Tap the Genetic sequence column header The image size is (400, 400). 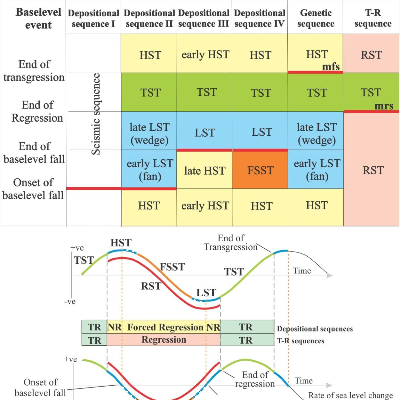coord(316,18)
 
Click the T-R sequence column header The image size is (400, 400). coord(373,18)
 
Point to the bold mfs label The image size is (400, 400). coord(331,67)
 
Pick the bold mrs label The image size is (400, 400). coord(384,106)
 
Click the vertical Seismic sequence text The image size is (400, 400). coord(96,114)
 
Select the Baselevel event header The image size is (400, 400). coord(38,19)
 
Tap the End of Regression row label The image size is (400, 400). coord(37,111)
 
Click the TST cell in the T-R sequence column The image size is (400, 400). coord(371,92)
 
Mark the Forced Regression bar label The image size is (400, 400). coord(165,327)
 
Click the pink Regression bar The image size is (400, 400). coord(164,340)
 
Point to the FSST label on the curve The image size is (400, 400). coord(172,267)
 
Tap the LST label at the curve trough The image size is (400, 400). coord(206,293)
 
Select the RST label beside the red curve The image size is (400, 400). coord(151,286)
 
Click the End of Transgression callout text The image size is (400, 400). coord(231,243)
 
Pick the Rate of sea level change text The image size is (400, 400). coord(351,396)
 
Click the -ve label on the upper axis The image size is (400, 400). coord(70,301)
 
